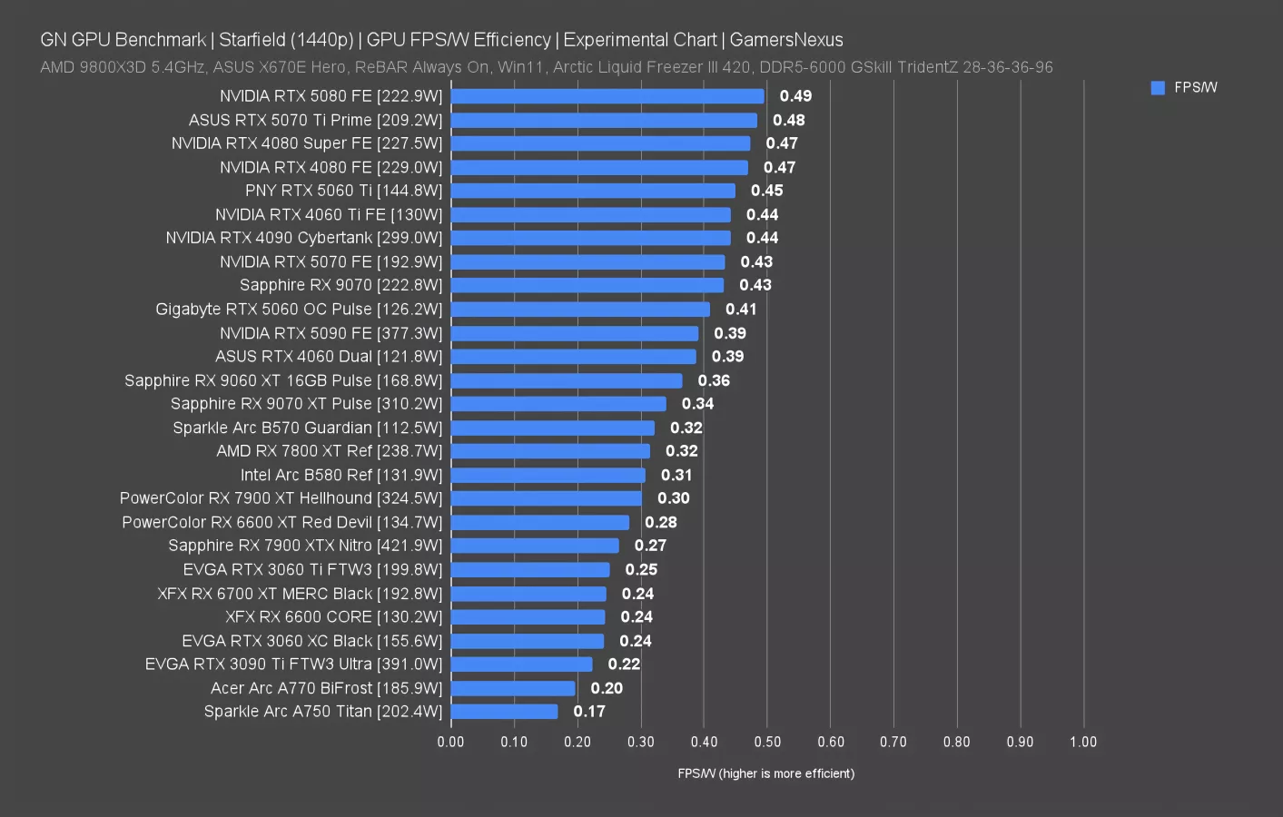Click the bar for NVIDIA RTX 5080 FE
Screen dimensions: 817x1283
pos(607,96)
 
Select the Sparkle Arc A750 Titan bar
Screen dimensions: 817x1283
pos(504,712)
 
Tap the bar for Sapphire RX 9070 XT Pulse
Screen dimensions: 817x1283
pos(558,404)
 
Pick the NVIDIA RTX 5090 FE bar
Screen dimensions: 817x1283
pos(574,333)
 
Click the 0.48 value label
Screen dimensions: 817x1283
pos(788,120)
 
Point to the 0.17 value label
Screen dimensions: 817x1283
pos(589,712)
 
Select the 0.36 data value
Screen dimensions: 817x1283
pos(714,380)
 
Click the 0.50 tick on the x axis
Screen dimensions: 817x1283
pos(767,742)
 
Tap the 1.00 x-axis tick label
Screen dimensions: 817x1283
pos(1082,742)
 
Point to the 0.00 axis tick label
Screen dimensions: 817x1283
pos(450,742)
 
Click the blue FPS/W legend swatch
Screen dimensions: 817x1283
pos(1158,88)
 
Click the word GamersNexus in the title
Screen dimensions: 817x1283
pos(786,40)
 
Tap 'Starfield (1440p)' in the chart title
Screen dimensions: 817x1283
pos(286,40)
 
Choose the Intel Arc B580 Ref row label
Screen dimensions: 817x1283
pos(340,475)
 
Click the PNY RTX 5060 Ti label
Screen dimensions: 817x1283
pos(343,191)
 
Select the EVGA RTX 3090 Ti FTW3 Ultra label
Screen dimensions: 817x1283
pos(293,664)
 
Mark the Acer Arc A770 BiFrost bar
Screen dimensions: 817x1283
pos(513,688)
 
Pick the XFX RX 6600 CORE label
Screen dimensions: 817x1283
pos(333,617)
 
